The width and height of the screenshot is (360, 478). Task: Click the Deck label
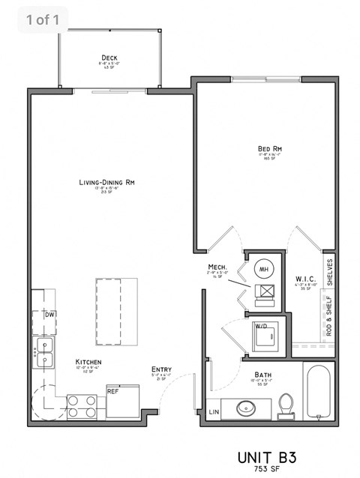[x=109, y=58]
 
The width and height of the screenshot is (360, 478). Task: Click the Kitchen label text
[x=88, y=363]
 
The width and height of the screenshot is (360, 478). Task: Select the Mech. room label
[x=218, y=267]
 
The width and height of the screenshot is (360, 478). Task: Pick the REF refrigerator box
[x=112, y=391]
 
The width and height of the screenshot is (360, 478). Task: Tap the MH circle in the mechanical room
[x=265, y=269]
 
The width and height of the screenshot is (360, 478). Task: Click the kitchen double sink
[x=43, y=352]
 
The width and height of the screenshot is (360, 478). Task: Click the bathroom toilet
[x=285, y=406]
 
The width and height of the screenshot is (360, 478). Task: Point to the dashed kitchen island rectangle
[x=118, y=311]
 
